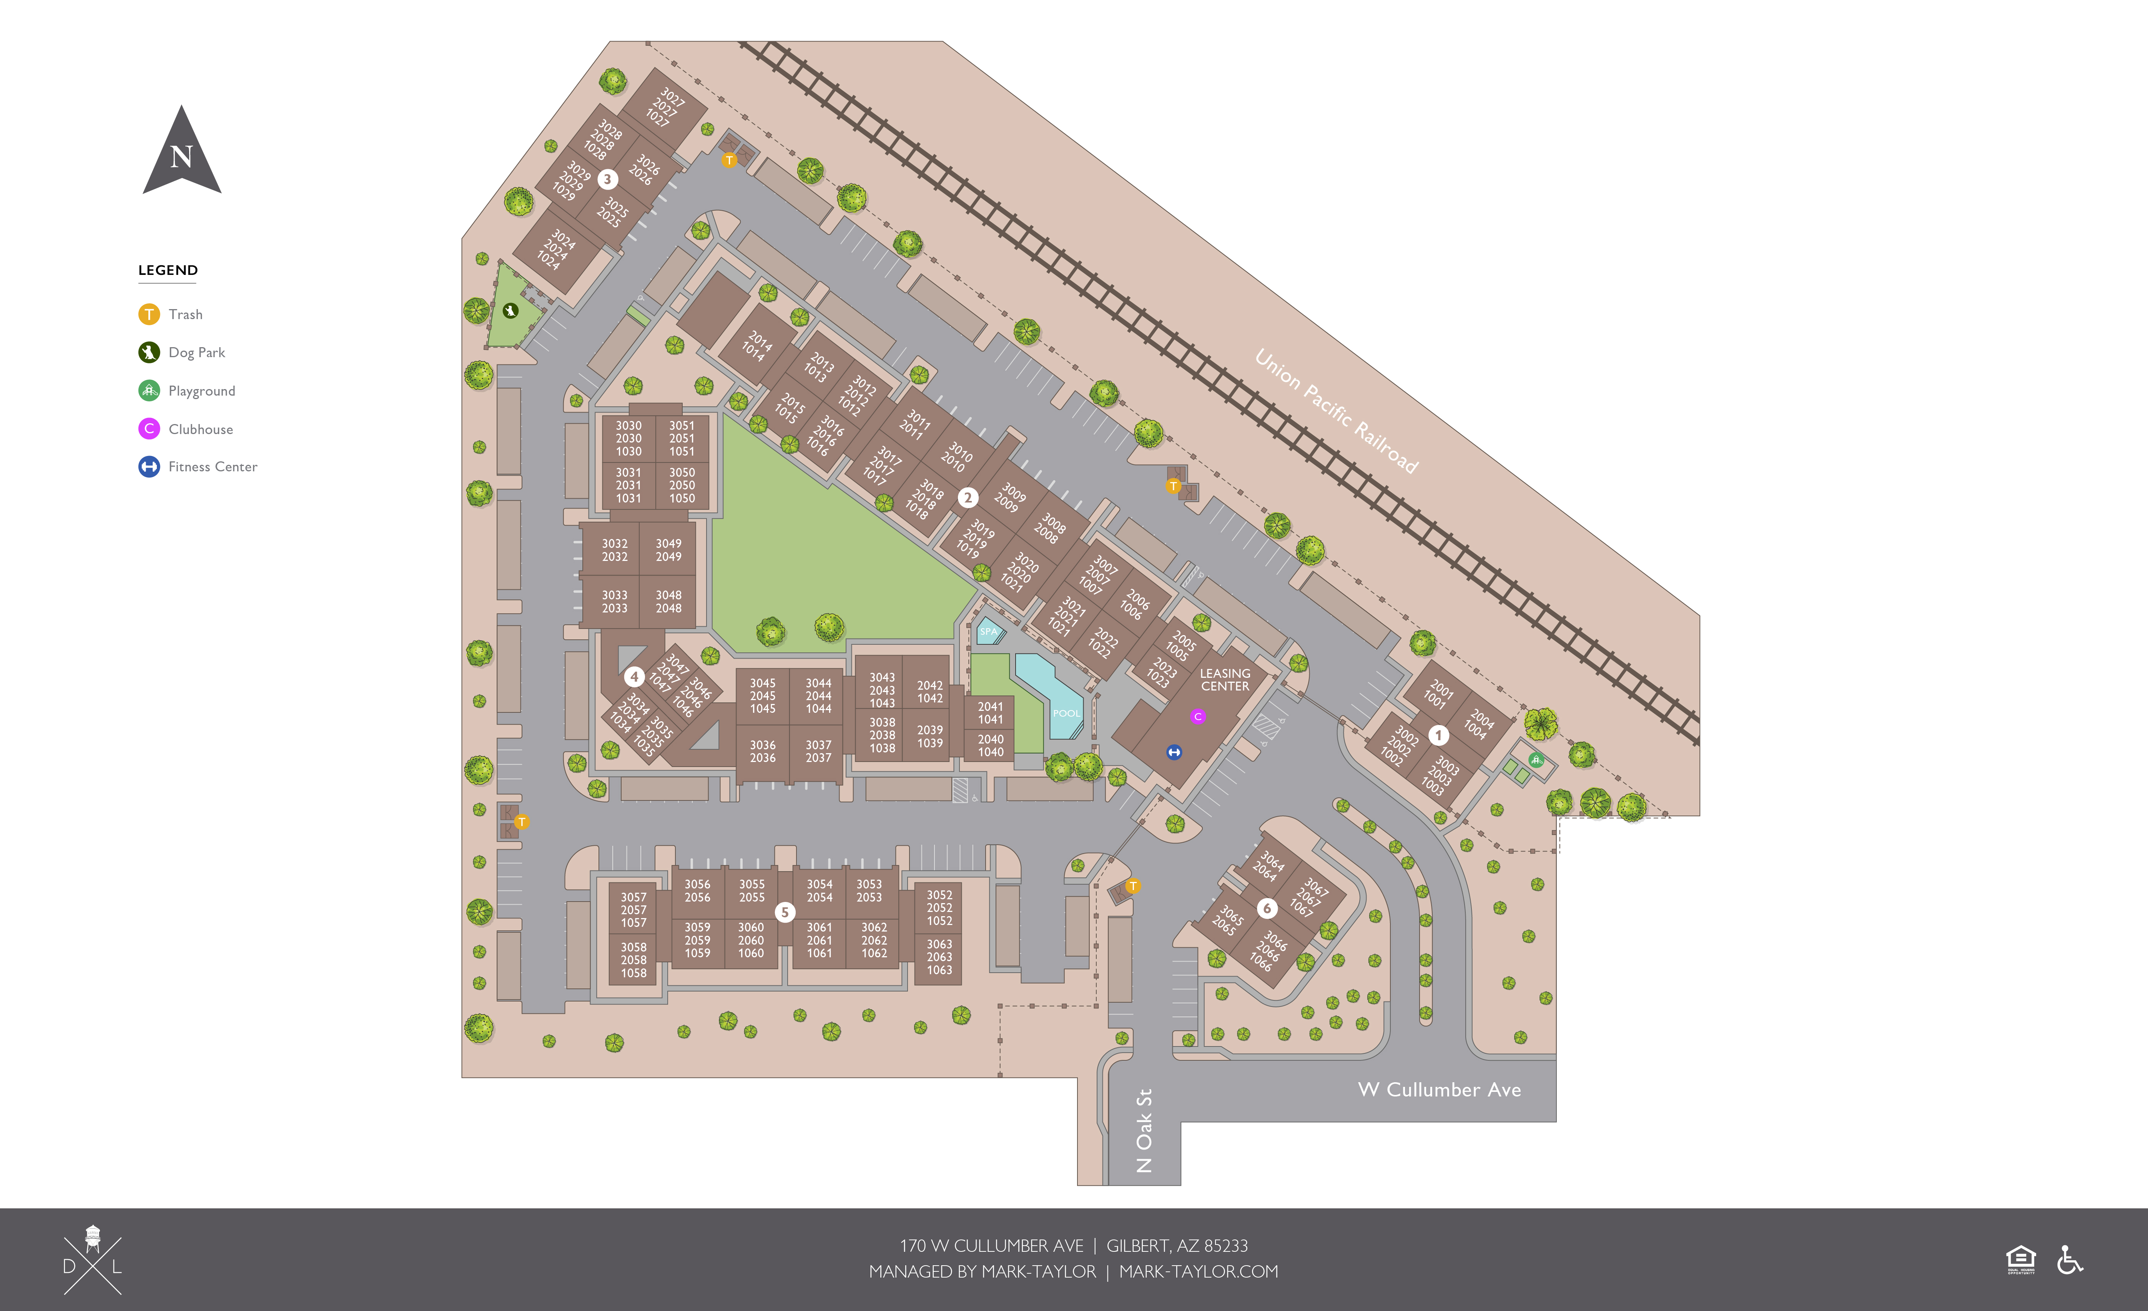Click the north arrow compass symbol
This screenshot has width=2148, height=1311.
tap(181, 153)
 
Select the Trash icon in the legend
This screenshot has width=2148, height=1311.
tap(149, 314)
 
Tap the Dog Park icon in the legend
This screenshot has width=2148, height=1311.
tap(149, 352)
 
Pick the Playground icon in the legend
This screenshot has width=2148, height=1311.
tap(149, 391)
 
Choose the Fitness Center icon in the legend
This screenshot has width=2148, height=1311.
tap(149, 466)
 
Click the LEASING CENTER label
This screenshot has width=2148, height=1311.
tap(1225, 680)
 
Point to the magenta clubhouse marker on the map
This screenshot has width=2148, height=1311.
tap(1198, 717)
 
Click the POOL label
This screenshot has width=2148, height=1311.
tap(1066, 713)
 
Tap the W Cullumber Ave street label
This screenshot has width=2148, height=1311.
tap(1439, 1090)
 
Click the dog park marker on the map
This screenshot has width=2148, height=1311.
tap(511, 310)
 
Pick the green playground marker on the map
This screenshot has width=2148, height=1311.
tap(1536, 760)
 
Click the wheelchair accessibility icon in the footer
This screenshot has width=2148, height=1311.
tap(2070, 1259)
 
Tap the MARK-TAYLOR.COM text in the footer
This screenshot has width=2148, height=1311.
tap(1199, 1272)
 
